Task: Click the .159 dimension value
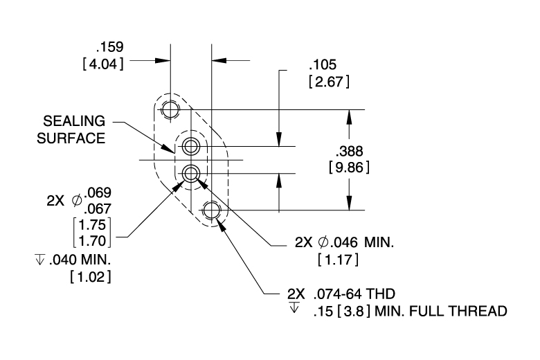point(110,47)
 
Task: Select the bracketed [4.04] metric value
point(103,64)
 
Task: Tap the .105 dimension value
point(323,65)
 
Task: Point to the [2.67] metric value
point(329,82)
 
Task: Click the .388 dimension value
point(349,151)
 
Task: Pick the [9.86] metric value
point(349,168)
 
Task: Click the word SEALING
point(74,121)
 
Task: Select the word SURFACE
point(71,138)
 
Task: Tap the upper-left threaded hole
point(170,110)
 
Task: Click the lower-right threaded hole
point(211,210)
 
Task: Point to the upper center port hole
point(191,146)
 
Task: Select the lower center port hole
point(191,174)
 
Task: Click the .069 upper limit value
point(98,193)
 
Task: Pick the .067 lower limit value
point(98,209)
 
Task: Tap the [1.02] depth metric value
point(91,277)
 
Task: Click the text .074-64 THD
point(354,294)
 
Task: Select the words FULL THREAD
point(458,311)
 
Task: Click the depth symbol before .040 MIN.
point(40,260)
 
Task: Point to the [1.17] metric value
point(338,260)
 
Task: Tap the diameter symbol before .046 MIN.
point(323,242)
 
